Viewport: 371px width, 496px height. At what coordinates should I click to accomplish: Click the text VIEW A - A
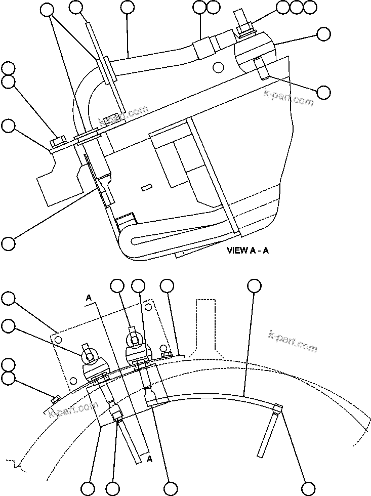coord(248,251)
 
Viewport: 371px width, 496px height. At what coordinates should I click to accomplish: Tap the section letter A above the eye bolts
coord(89,299)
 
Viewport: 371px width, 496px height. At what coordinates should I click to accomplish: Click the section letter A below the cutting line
coord(149,459)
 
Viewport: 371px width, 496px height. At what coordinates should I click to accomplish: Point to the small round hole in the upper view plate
coord(218,67)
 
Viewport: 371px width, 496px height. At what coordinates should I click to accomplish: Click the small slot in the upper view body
coord(147,188)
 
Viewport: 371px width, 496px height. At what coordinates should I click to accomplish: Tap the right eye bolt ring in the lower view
coord(134,340)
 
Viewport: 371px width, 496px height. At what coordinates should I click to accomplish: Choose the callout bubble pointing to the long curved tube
coord(255,286)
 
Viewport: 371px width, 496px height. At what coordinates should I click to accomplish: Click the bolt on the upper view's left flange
coord(57,140)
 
